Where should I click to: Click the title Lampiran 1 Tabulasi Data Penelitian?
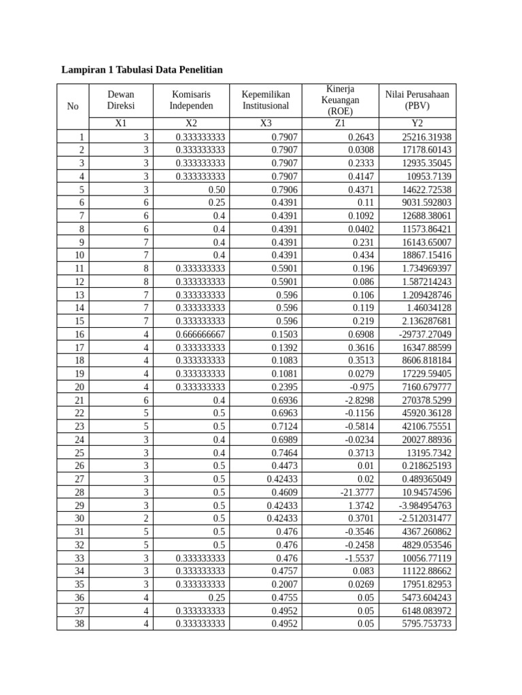[x=142, y=69]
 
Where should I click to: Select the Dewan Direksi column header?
[x=121, y=100]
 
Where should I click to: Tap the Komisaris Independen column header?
[x=191, y=100]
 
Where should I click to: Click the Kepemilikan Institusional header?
[x=266, y=100]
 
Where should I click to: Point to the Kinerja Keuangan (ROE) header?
[x=340, y=100]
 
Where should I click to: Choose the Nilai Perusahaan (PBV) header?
[x=417, y=100]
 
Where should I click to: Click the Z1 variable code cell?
[x=340, y=124]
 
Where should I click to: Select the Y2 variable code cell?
[x=417, y=124]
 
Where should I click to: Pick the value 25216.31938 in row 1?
[x=426, y=137]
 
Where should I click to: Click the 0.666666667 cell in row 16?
[x=201, y=335]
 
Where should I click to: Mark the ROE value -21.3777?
[x=357, y=492]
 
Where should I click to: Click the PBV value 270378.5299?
[x=426, y=400]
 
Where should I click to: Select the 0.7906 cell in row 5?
[x=284, y=189]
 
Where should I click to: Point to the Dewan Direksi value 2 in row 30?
[x=145, y=519]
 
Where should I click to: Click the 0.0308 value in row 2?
[x=360, y=150]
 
